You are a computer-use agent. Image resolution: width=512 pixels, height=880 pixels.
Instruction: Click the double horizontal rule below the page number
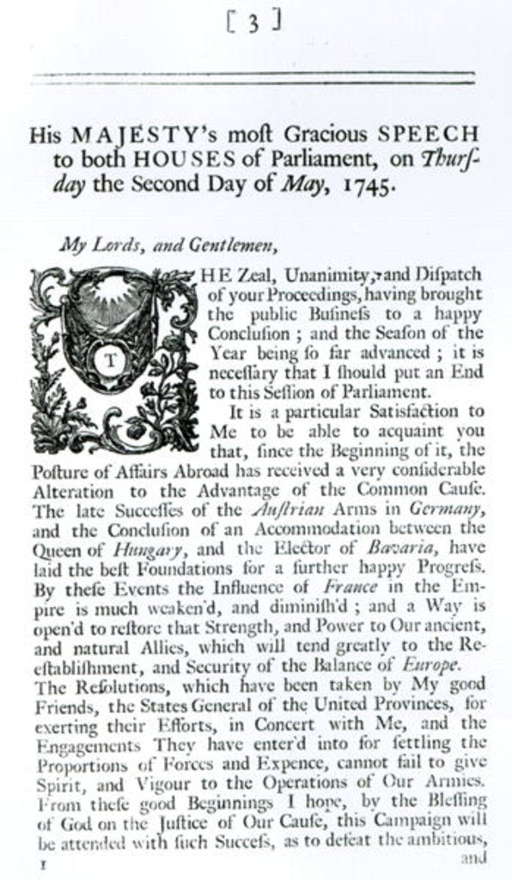click(253, 78)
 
